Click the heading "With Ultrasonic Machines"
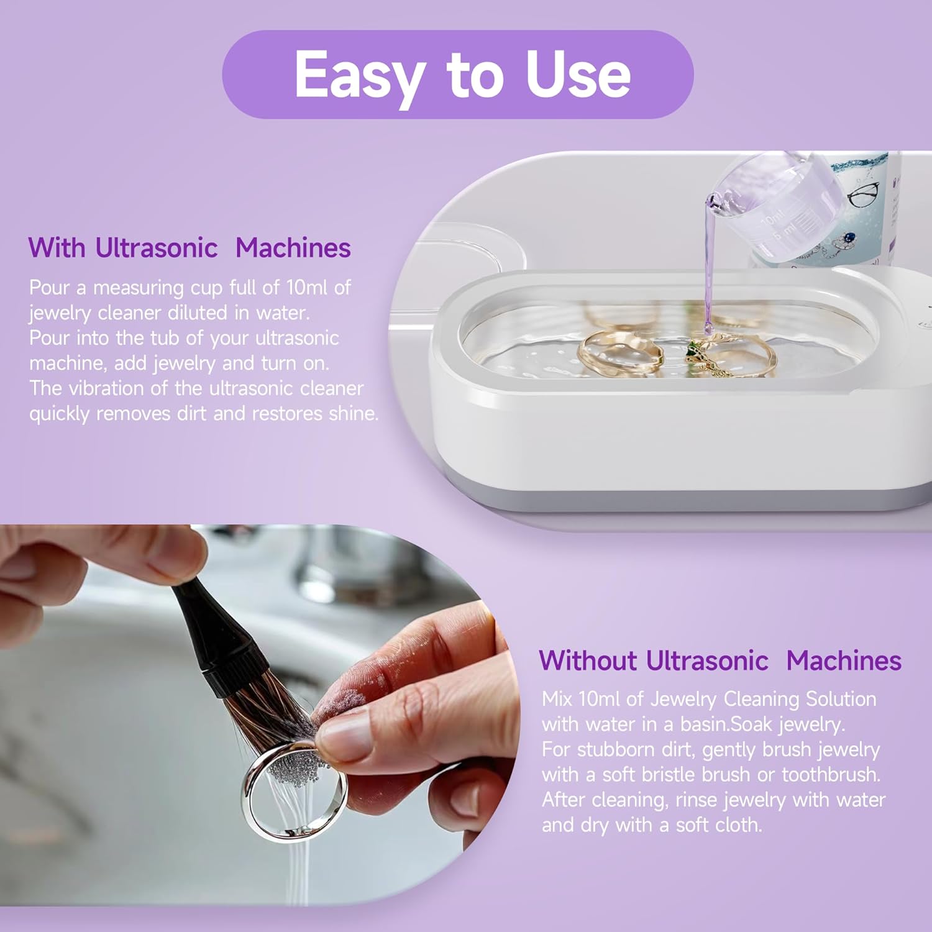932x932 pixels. click(x=190, y=248)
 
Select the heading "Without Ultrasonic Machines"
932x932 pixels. click(x=720, y=660)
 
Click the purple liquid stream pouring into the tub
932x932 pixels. click(x=709, y=267)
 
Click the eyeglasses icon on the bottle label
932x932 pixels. click(x=863, y=194)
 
